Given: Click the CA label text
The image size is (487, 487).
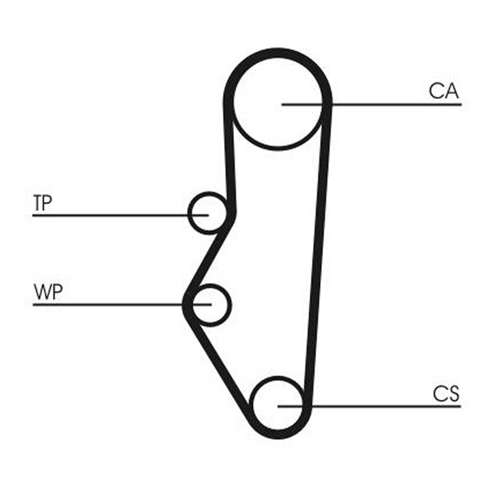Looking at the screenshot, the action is tap(444, 91).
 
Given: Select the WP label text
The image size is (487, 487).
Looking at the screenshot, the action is tap(48, 292).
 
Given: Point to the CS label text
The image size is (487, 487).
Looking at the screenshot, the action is tap(446, 394).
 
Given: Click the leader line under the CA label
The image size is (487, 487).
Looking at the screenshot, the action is tap(372, 104).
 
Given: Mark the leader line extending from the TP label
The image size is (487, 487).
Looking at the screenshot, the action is tap(121, 215).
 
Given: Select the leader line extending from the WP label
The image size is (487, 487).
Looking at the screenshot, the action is tap(122, 304).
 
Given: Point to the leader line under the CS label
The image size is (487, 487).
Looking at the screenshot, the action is tap(369, 406).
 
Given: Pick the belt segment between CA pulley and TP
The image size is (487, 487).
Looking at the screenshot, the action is tap(230, 157).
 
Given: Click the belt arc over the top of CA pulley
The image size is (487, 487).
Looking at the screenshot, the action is tap(278, 53).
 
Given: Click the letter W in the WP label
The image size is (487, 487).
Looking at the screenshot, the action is tap(42, 292).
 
